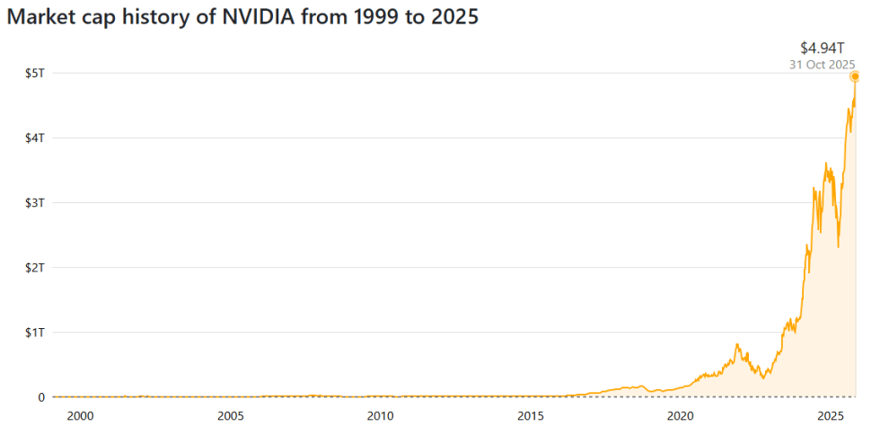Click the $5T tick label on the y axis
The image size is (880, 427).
click(x=34, y=73)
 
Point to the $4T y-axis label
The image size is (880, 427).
click(x=34, y=138)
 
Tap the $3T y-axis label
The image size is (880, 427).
click(x=34, y=202)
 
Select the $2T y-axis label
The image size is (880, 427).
click(x=34, y=267)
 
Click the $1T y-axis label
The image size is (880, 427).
click(x=34, y=332)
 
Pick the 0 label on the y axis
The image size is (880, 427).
click(x=40, y=396)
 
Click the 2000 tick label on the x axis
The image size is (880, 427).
click(x=80, y=415)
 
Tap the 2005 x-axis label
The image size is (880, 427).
click(x=231, y=415)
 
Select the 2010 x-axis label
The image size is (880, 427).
click(x=381, y=415)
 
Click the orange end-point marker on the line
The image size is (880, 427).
click(x=855, y=76)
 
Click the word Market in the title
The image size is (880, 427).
click(x=39, y=19)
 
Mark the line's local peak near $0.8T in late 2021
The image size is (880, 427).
click(x=737, y=344)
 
